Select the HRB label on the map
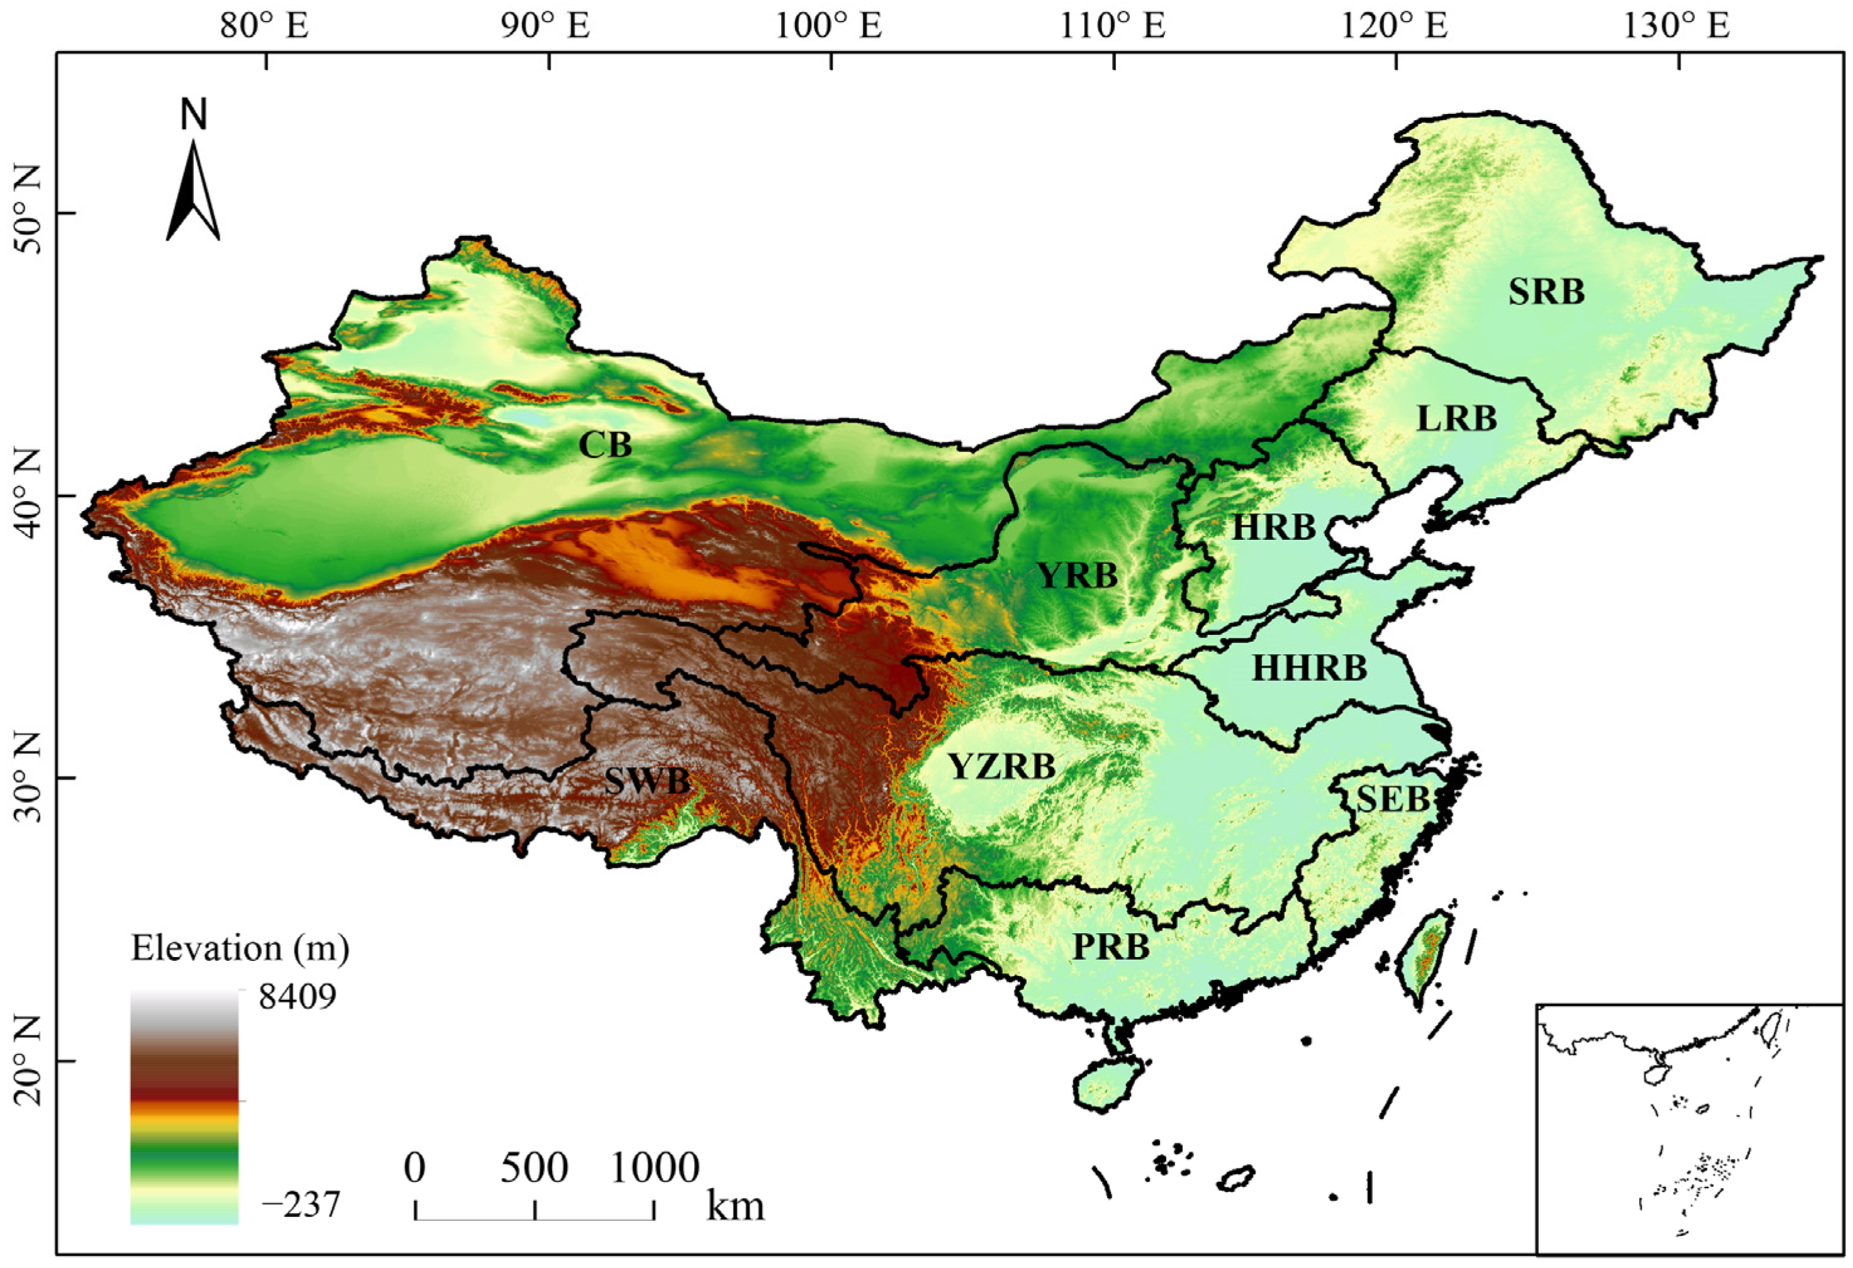point(1273,527)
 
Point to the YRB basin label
point(1077,575)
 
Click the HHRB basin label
point(1309,668)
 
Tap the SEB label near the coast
point(1392,799)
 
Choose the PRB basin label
point(1111,948)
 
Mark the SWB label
point(646,782)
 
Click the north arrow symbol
point(193,191)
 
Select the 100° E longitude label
point(829,27)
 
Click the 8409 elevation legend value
point(296,996)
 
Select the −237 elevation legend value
point(301,1204)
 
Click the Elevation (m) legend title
point(240,948)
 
